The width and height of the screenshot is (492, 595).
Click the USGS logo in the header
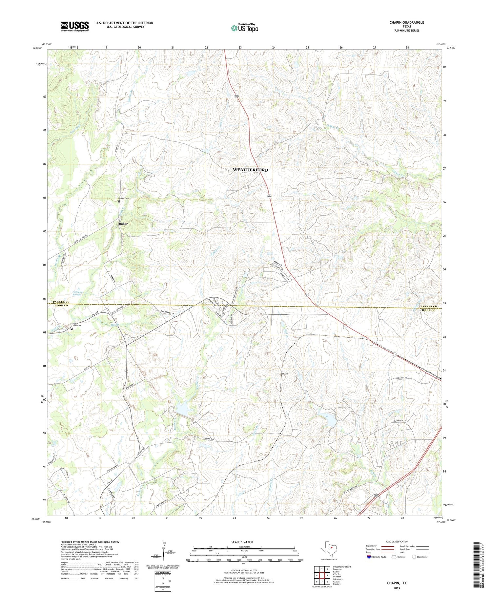[x=75, y=26]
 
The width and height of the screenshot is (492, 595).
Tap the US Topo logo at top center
[x=244, y=28]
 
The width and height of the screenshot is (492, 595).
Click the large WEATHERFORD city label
[x=250, y=170]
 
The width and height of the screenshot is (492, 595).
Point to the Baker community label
[x=123, y=223]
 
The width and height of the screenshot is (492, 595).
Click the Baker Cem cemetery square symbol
[x=119, y=202]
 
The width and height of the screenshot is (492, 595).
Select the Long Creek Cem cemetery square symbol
[x=72, y=329]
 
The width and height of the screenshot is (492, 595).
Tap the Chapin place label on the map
[x=285, y=374]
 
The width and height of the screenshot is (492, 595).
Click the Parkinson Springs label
[x=78, y=293]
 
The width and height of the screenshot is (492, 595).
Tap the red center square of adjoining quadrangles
[x=322, y=575]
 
